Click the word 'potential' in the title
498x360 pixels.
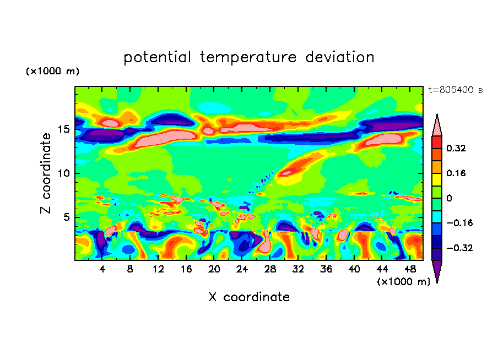coord(158,58)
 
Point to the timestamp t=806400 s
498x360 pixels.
coord(455,90)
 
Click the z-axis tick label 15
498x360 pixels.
coord(63,129)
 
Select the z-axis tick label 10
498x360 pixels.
coord(63,173)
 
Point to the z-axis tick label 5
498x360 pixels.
coord(66,217)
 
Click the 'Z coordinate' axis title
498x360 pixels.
coord(46,173)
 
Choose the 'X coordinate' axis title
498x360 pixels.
coord(249,297)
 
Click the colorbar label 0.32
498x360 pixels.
coord(457,148)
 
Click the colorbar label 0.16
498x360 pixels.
coord(457,173)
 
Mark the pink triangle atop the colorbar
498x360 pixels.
coord(437,126)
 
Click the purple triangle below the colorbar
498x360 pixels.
coord(437,270)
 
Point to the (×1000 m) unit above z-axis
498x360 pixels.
coord(52,72)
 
